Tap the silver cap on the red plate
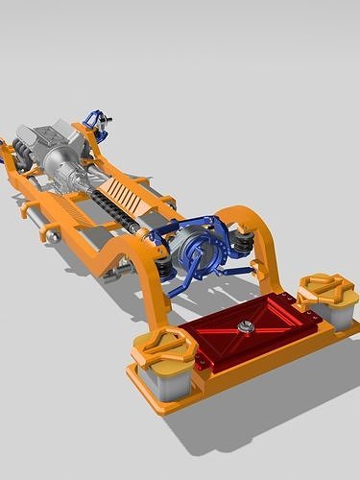247,326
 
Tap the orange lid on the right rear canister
324,287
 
